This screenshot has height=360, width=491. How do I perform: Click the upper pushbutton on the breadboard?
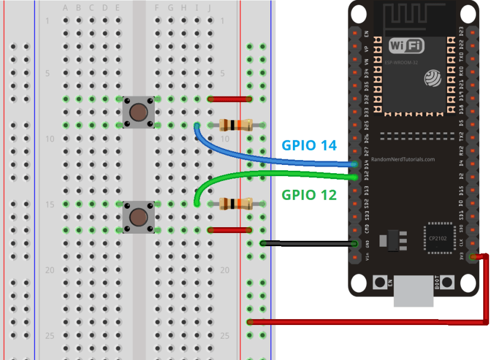(x=138, y=111)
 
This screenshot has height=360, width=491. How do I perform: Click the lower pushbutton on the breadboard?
(x=138, y=216)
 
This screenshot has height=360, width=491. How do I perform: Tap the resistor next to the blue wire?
(x=235, y=125)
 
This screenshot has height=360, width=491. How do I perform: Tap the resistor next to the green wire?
(x=235, y=203)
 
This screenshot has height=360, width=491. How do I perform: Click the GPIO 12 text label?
(x=309, y=194)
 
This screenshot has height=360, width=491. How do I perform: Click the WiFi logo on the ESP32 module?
(x=406, y=46)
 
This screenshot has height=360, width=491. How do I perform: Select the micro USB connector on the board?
(x=413, y=293)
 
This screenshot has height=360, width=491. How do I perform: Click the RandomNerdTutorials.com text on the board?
(x=403, y=160)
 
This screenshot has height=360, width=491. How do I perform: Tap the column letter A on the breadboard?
(x=65, y=8)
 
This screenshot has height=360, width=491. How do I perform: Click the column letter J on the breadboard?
(x=210, y=8)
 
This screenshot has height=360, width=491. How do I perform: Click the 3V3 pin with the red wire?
(x=473, y=257)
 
